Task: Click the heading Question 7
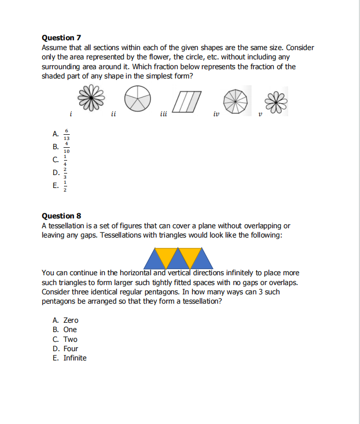click(x=61, y=38)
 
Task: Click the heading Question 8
click(x=61, y=216)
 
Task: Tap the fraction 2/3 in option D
click(x=65, y=174)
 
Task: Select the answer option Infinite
click(x=75, y=358)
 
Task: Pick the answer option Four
click(x=71, y=349)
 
